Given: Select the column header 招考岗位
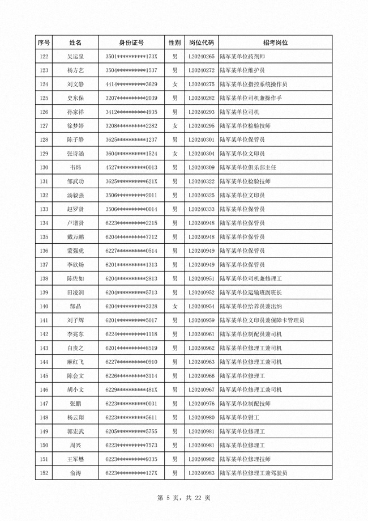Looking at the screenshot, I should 275,43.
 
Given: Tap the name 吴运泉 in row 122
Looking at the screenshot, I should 75,57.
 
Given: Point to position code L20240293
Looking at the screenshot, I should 201,112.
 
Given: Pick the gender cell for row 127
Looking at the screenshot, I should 175,126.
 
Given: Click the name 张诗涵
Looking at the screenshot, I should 75,154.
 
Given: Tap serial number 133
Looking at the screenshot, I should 43,209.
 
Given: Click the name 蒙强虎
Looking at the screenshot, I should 75,251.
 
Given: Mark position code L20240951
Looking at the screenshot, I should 201,279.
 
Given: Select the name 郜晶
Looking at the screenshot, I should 75,307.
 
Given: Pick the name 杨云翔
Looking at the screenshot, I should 75,418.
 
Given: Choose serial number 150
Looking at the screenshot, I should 43,446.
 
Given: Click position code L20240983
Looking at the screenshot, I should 201,473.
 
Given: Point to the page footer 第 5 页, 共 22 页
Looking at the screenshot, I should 184,498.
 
